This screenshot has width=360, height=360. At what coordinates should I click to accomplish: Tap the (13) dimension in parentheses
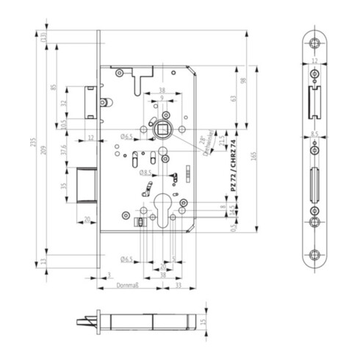[x=44, y=37]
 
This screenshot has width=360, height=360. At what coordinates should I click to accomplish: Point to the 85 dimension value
[x=54, y=88]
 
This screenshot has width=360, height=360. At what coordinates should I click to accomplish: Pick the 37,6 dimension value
[x=64, y=150]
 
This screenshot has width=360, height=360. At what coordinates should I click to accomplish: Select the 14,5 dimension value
[x=233, y=210]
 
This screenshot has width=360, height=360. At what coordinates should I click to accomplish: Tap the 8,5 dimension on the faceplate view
[x=314, y=134]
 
